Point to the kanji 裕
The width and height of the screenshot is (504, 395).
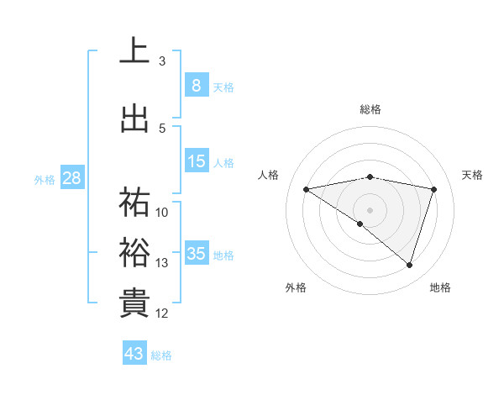tap(134, 252)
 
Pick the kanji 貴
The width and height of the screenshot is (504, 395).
tap(134, 303)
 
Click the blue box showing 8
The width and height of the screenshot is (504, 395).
tap(196, 85)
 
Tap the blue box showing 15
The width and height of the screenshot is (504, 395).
tap(196, 162)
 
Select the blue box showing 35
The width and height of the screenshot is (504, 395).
tap(196, 254)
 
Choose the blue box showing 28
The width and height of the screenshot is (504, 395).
tap(71, 177)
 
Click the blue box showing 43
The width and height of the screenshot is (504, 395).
tap(134, 354)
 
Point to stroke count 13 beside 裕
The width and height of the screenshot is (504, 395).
tap(162, 263)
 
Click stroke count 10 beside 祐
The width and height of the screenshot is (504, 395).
tap(162, 212)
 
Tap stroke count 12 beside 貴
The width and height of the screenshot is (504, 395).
tap(162, 313)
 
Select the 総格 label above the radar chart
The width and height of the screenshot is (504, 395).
tap(370, 109)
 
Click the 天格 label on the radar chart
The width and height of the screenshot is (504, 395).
tap(473, 175)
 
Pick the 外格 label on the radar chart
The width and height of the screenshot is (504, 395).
tap(296, 287)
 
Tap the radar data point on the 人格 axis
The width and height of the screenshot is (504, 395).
tap(307, 189)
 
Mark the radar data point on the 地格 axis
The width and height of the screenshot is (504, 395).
tap(409, 265)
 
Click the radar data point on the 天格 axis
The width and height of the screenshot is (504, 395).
tap(433, 189)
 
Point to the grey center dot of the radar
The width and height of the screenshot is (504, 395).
tap(370, 209)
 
